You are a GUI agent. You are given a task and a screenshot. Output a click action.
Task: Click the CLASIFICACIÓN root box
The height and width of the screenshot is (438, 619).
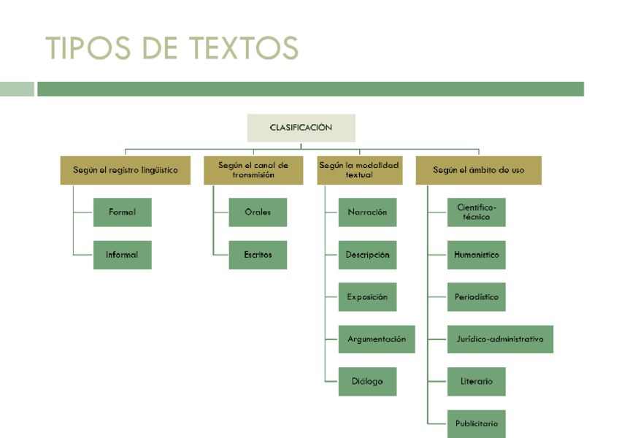pyautogui.click(x=301, y=128)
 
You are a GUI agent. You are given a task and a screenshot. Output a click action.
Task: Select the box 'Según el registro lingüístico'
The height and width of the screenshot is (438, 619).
pyautogui.click(x=125, y=170)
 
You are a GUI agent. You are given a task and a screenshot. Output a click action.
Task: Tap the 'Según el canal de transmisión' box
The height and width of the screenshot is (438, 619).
pyautogui.click(x=253, y=170)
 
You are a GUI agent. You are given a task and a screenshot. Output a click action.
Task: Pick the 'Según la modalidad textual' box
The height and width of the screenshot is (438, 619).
pyautogui.click(x=359, y=170)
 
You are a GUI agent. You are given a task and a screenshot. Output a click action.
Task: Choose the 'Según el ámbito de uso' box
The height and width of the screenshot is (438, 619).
pyautogui.click(x=478, y=170)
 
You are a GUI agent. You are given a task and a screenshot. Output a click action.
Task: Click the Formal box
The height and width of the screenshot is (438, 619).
pyautogui.click(x=122, y=212)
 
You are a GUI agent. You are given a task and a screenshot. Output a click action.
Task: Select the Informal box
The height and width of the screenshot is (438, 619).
pyautogui.click(x=122, y=255)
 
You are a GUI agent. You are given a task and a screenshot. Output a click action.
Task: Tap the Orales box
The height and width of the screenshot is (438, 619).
pyautogui.click(x=258, y=212)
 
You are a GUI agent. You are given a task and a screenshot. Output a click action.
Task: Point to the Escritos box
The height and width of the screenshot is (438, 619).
pyautogui.click(x=258, y=255)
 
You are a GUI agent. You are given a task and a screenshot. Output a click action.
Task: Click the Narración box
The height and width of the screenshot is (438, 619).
pyautogui.click(x=367, y=212)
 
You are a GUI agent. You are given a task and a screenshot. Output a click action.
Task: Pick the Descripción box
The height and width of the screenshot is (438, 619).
pyautogui.click(x=367, y=255)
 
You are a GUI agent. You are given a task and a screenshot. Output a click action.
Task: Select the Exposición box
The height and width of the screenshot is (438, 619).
pyautogui.click(x=367, y=297)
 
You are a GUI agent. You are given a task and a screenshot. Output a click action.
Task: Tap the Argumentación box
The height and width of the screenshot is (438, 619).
pyautogui.click(x=376, y=339)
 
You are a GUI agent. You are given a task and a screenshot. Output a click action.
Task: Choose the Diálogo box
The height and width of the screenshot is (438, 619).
pyautogui.click(x=367, y=382)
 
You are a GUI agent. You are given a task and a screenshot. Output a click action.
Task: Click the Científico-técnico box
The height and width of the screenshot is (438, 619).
pyautogui.click(x=476, y=212)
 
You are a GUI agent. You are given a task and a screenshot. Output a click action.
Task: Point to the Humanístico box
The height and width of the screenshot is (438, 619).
pyautogui.click(x=476, y=255)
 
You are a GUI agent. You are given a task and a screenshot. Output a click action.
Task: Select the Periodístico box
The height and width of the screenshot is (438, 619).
pyautogui.click(x=476, y=297)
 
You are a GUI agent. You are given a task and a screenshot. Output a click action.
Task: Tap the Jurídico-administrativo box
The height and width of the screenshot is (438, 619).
pyautogui.click(x=500, y=339)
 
